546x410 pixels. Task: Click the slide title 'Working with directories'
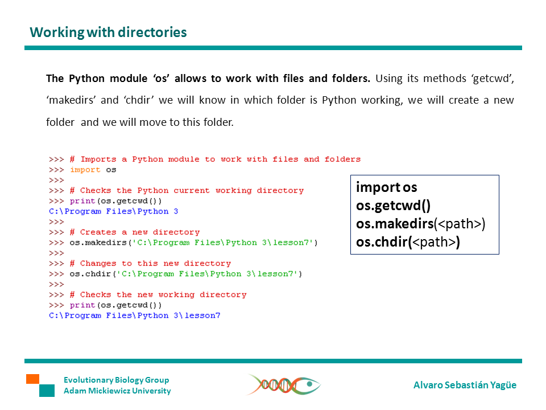click(108, 32)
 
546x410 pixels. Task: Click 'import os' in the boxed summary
click(386, 187)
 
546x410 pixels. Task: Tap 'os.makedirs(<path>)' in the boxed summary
click(420, 224)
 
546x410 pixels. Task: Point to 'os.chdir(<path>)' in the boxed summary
click(408, 243)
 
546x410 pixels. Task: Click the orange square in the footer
click(32, 379)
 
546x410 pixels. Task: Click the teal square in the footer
click(47, 391)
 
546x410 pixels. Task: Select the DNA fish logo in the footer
click(283, 385)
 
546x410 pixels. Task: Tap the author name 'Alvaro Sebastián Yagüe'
click(465, 385)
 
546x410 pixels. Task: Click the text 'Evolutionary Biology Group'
click(116, 380)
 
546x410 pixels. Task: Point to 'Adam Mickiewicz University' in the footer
click(117, 391)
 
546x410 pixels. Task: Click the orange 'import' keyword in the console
click(85, 170)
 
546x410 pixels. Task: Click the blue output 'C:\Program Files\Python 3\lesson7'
click(134, 315)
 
